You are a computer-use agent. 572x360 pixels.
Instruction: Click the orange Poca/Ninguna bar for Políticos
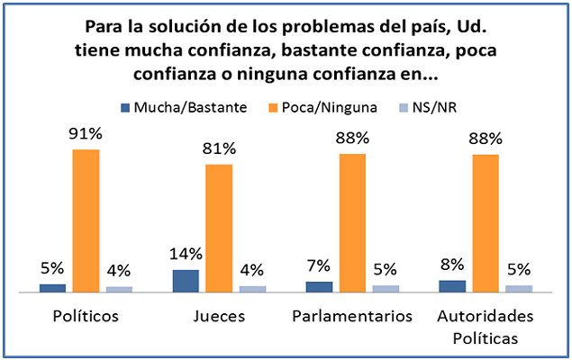(x=86, y=220)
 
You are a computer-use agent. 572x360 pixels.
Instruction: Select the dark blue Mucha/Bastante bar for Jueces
(x=186, y=281)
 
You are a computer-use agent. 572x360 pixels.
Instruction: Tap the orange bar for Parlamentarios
(x=352, y=223)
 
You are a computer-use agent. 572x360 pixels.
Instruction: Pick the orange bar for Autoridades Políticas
(x=486, y=223)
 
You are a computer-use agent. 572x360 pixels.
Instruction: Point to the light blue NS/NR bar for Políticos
(x=119, y=289)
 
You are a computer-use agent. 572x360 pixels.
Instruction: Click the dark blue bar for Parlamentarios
(x=319, y=286)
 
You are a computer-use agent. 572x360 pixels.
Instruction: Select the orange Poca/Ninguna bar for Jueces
(x=219, y=229)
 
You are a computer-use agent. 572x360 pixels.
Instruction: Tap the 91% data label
(x=86, y=136)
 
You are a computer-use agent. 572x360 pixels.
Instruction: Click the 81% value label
(x=219, y=150)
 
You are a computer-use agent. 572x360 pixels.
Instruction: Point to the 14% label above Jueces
(x=186, y=255)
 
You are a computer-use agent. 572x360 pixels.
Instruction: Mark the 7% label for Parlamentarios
(x=319, y=267)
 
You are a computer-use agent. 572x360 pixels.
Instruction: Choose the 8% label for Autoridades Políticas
(x=452, y=265)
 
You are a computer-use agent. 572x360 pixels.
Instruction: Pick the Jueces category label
(x=219, y=317)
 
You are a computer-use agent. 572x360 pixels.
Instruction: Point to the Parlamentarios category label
(x=352, y=317)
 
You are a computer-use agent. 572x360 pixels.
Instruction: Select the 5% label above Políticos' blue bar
(x=52, y=269)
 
